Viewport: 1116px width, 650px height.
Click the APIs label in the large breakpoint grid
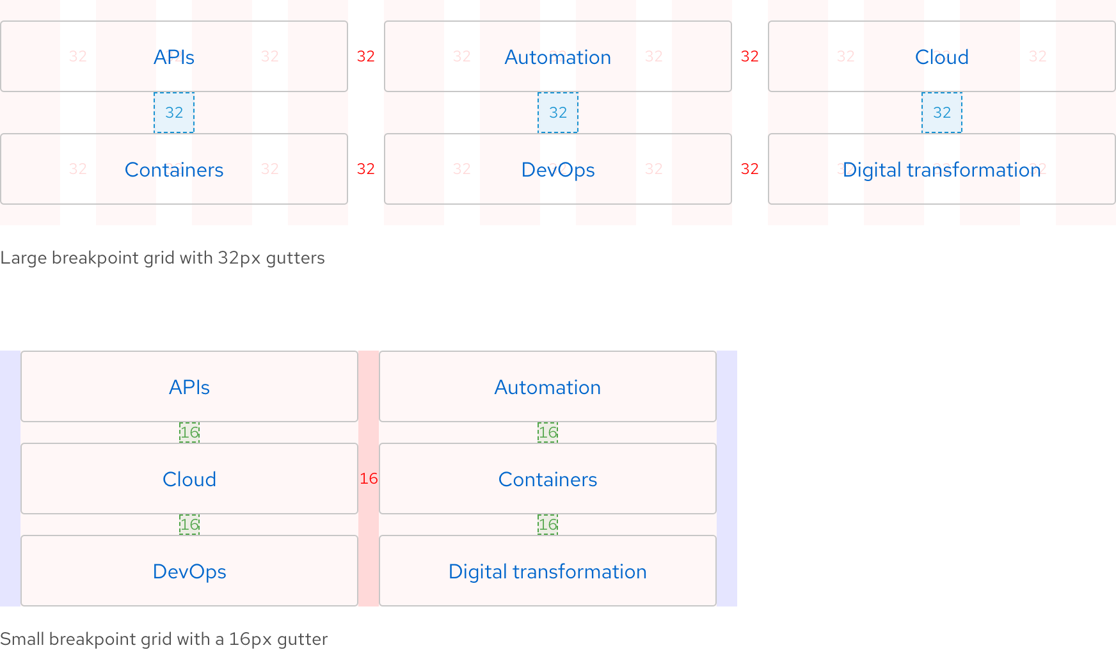click(174, 57)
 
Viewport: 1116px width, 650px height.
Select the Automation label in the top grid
click(558, 57)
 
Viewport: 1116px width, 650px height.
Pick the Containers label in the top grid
click(174, 170)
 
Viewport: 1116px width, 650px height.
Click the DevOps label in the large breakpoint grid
click(558, 170)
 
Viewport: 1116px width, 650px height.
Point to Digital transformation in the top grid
click(942, 170)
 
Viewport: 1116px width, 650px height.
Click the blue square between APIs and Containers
click(174, 113)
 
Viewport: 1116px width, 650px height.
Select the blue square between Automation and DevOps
click(558, 113)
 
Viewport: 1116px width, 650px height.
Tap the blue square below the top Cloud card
click(942, 113)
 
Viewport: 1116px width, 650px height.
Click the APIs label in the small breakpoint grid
click(189, 387)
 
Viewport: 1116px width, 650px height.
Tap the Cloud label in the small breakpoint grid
click(189, 479)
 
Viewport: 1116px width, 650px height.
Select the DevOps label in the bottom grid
click(189, 571)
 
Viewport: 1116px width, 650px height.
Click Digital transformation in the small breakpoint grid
click(548, 571)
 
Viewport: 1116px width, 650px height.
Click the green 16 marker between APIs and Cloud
click(189, 432)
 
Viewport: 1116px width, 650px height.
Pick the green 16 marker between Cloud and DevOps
click(189, 525)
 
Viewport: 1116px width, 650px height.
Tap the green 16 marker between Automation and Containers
click(548, 432)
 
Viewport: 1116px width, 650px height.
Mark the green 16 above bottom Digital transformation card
click(548, 525)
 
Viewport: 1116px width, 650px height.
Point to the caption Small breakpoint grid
click(164, 639)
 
